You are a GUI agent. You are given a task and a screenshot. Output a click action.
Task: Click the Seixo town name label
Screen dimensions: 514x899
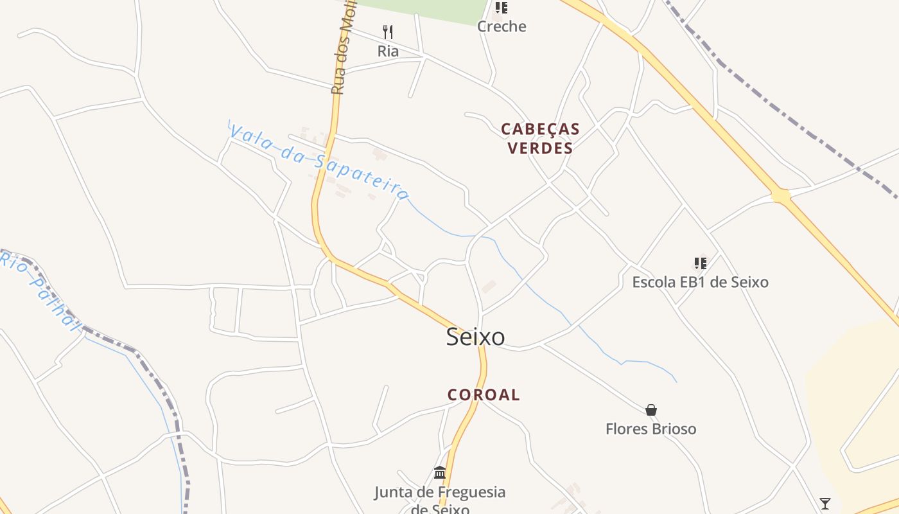475,337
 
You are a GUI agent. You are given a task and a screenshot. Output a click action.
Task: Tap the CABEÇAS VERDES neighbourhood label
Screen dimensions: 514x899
540,138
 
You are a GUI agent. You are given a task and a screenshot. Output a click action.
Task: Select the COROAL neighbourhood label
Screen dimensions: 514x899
484,394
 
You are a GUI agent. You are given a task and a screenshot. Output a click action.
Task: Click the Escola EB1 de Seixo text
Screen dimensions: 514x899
700,282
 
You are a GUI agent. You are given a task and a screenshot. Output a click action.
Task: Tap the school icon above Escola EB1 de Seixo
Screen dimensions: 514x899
700,263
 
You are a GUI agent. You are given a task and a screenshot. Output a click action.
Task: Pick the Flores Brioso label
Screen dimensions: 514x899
650,429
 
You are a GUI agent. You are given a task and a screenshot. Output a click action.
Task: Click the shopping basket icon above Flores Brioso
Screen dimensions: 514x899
651,410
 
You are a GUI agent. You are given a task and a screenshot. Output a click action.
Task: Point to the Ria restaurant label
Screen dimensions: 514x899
388,51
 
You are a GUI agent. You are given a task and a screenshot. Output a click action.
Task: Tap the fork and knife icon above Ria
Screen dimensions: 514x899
388,32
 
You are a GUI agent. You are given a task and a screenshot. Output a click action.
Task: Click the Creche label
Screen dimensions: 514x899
502,26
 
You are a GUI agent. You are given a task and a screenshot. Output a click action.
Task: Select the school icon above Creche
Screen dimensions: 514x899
502,8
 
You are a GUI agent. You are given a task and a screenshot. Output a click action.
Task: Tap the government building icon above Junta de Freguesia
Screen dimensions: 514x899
440,473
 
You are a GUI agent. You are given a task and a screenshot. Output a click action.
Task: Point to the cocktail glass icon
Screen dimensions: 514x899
825,504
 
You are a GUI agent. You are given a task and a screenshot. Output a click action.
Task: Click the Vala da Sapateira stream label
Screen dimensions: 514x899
319,162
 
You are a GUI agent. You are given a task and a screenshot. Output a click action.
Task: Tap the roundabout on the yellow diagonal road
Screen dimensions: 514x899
781,195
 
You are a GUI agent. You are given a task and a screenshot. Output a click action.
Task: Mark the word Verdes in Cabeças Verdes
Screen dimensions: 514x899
540,148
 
